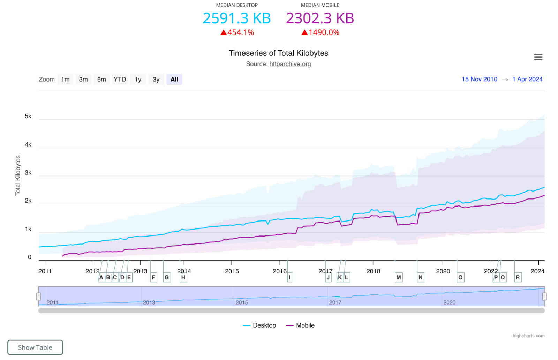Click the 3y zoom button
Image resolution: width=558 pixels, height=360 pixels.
click(156, 80)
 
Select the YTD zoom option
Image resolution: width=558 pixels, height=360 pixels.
click(120, 80)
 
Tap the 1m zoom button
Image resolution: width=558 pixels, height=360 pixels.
click(65, 80)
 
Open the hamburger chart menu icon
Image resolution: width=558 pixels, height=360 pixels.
click(538, 57)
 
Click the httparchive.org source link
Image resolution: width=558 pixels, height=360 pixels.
click(290, 64)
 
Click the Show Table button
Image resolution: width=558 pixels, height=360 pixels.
click(35, 347)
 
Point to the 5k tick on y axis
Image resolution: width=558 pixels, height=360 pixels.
click(28, 116)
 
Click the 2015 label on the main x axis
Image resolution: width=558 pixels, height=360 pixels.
click(232, 271)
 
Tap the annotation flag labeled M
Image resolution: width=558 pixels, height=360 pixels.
click(399, 278)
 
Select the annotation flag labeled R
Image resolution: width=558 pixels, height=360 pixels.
click(518, 278)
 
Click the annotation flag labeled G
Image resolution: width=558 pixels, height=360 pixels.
click(167, 278)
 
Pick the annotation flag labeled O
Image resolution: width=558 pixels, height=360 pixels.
click(460, 278)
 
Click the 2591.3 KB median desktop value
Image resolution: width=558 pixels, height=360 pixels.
click(236, 18)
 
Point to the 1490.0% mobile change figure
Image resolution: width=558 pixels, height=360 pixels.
click(324, 32)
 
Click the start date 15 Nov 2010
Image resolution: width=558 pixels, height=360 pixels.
click(479, 79)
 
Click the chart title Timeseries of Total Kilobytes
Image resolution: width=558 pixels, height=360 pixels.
click(278, 53)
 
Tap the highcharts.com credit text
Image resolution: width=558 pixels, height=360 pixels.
click(528, 336)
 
